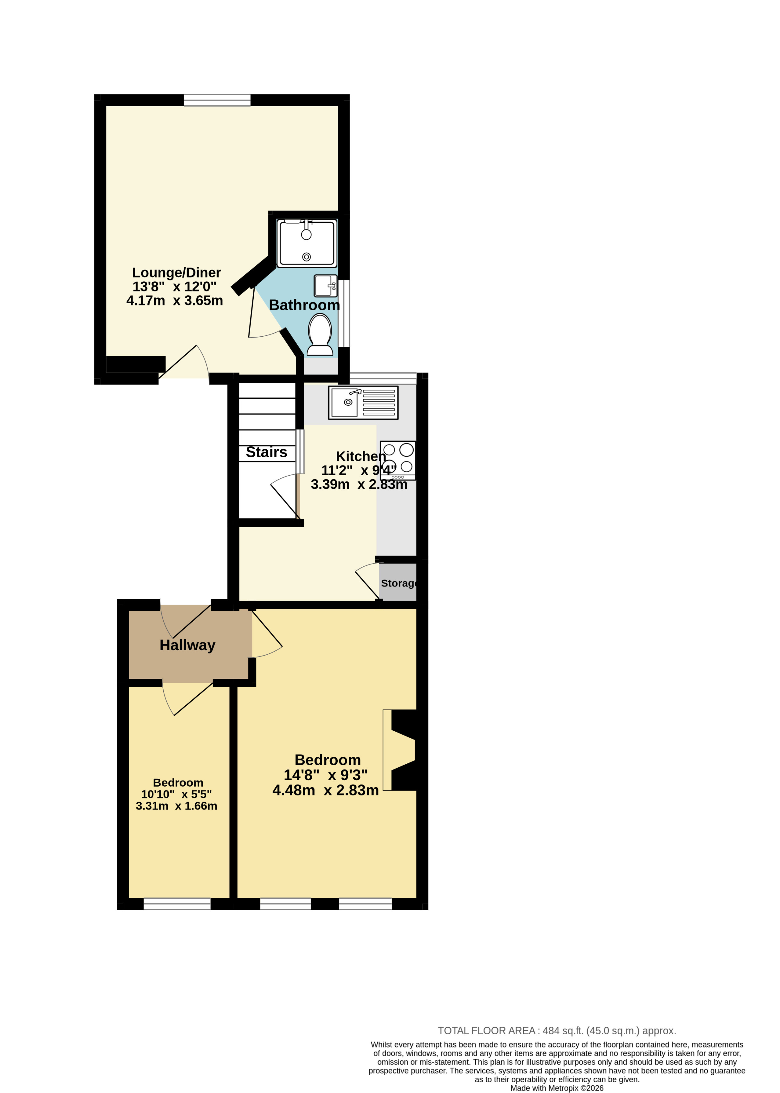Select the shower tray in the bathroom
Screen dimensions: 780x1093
tap(307, 243)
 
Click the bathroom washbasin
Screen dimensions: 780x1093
tap(326, 286)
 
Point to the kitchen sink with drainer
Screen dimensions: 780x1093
tap(364, 403)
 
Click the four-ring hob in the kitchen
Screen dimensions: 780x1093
tap(398, 460)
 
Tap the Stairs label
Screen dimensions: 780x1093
tap(267, 452)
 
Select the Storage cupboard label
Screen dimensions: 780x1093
tap(399, 583)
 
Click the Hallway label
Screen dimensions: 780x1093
tap(187, 645)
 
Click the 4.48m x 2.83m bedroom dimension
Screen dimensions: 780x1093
tap(326, 790)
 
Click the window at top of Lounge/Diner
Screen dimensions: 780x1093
tap(217, 100)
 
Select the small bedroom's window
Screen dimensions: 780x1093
tap(177, 904)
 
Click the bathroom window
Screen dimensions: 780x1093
tap(344, 313)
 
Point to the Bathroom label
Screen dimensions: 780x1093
tap(304, 305)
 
